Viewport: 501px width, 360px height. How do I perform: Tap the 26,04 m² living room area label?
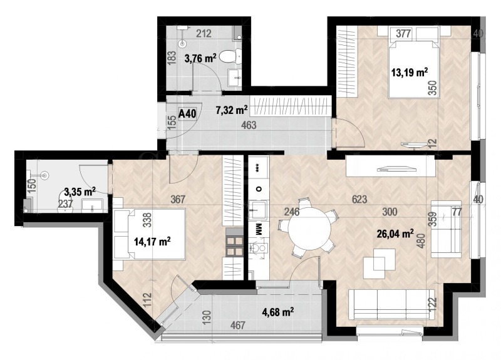[395, 234]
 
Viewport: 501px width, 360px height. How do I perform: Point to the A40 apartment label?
[187, 114]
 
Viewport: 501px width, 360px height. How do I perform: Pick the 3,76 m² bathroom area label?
[200, 59]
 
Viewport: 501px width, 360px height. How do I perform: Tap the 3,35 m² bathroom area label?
[80, 191]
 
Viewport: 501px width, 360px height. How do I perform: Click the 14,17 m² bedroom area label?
[152, 240]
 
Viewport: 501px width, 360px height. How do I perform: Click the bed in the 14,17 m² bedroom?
[150, 235]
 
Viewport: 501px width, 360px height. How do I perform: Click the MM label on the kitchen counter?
[257, 229]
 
